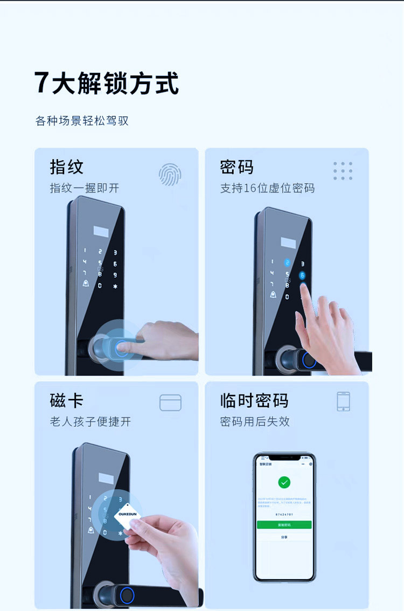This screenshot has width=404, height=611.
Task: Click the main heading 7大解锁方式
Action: tap(106, 84)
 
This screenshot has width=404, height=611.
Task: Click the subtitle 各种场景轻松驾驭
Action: tap(82, 121)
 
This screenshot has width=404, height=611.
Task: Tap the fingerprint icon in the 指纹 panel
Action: tap(170, 175)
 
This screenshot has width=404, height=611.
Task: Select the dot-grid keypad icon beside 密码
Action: tap(343, 171)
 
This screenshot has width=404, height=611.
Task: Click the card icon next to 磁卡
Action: tap(170, 402)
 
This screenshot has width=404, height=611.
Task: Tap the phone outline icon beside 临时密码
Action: tap(343, 401)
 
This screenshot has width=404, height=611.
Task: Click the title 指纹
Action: tap(67, 167)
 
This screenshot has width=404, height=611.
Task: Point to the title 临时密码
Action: tap(254, 401)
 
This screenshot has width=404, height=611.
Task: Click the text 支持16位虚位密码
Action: tap(267, 189)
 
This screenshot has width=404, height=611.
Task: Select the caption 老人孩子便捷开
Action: tap(90, 422)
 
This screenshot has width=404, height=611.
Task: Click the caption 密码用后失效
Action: tap(255, 422)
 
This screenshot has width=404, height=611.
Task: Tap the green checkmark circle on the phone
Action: tap(284, 482)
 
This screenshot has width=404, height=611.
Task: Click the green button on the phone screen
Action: tap(284, 524)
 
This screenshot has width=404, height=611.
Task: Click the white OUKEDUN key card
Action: tap(128, 515)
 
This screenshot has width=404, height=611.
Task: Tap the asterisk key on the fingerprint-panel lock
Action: tap(115, 286)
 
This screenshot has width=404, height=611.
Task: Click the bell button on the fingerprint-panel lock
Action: tap(85, 284)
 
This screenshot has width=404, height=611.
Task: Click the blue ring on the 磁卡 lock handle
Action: tap(127, 595)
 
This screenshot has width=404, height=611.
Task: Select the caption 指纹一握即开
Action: tap(85, 189)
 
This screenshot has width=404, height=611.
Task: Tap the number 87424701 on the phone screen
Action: tap(284, 515)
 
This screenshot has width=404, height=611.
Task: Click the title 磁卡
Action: tap(67, 401)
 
